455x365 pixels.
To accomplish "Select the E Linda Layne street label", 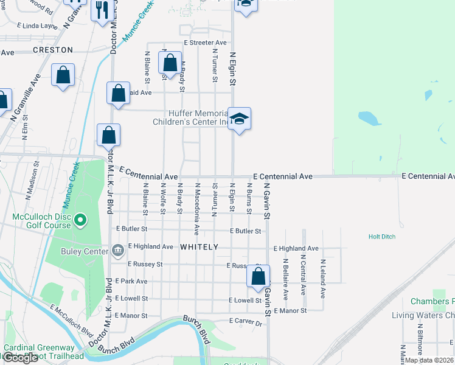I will (37, 26).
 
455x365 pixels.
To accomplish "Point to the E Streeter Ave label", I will (206, 43).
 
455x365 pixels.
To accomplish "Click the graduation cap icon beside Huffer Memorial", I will (239, 118).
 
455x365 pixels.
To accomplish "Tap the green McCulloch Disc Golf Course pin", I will (82, 220).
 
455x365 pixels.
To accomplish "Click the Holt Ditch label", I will (382, 237).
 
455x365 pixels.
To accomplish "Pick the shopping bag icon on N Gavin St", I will (259, 276).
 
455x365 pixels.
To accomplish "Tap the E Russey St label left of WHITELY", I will (145, 265).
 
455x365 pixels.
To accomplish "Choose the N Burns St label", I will (249, 198).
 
